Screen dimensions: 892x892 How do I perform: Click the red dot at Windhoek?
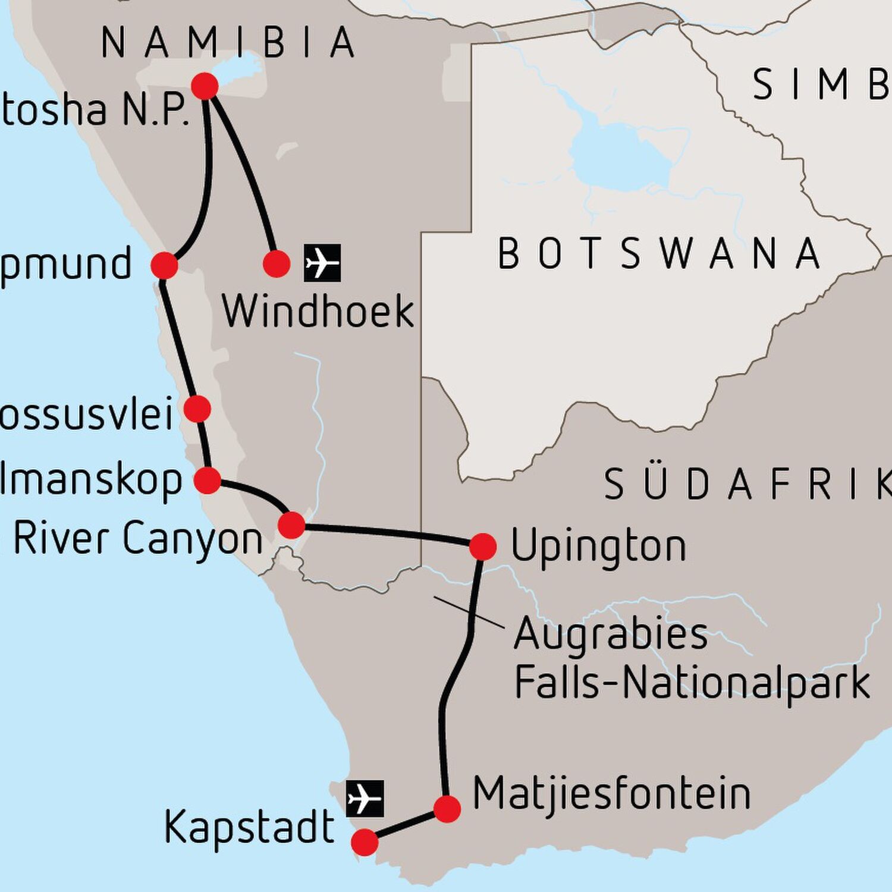[x=276, y=263]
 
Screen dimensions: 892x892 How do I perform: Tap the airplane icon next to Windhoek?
[x=322, y=262]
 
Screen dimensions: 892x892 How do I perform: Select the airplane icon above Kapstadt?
[x=365, y=799]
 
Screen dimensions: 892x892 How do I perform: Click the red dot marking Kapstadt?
[x=365, y=843]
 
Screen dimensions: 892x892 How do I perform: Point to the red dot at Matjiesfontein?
[x=447, y=809]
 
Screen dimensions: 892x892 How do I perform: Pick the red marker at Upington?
[x=482, y=546]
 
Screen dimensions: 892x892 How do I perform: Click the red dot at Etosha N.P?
[x=205, y=87]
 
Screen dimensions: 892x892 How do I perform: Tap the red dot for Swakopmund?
[x=165, y=265]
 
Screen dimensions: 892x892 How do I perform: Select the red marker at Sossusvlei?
[x=197, y=409]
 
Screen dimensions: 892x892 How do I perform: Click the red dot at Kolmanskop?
[x=208, y=480]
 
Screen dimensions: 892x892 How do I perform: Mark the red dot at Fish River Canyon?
[x=291, y=526]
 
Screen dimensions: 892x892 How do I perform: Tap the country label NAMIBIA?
[x=228, y=43]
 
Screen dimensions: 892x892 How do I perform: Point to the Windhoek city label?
[x=318, y=311]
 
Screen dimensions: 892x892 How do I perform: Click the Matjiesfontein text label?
[x=611, y=794]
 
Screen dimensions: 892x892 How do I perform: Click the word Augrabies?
[x=611, y=633]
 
